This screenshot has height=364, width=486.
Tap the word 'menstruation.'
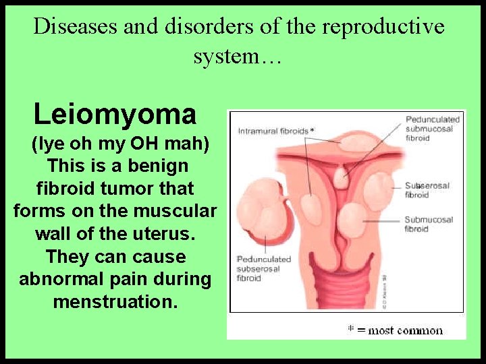click(115, 302)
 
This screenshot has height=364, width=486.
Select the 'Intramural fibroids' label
click(272, 131)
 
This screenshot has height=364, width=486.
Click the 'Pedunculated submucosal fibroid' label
click(432, 129)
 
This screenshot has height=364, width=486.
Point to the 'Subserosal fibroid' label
click(427, 190)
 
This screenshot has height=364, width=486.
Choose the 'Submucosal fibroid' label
click(429, 224)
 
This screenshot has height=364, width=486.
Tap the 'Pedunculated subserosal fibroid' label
click(264, 268)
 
